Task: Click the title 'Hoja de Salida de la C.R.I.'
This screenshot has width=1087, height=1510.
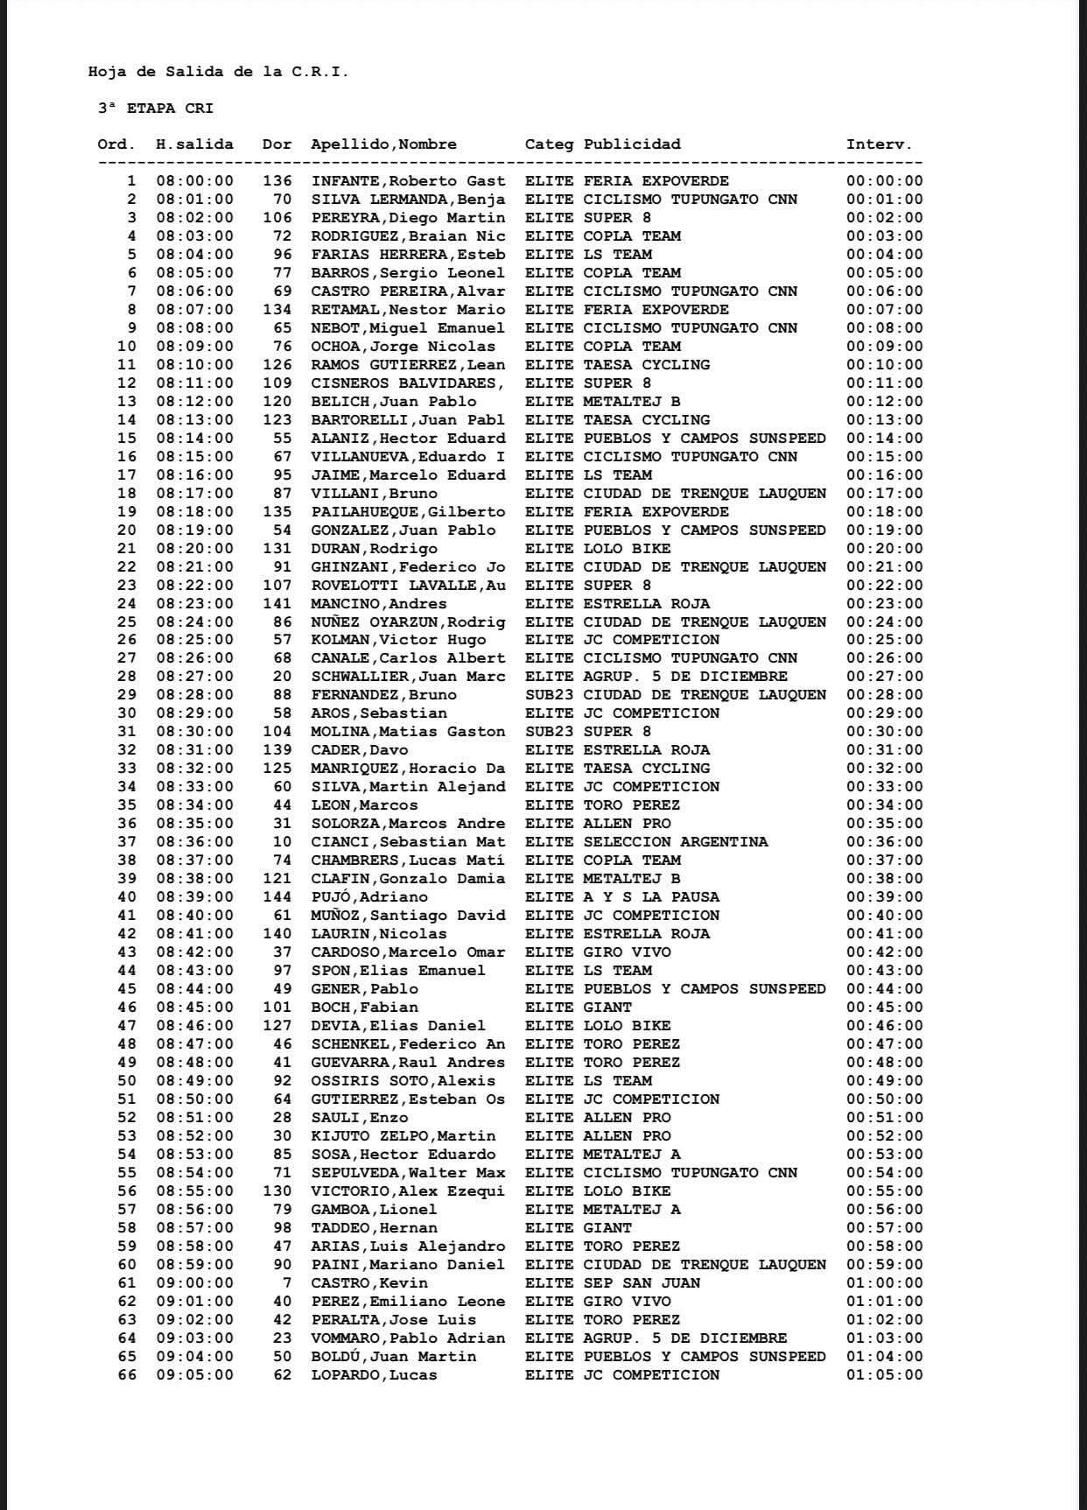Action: [x=218, y=72]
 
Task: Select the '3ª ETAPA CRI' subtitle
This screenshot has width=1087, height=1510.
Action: [x=156, y=109]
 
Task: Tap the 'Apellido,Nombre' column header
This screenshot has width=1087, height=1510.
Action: [x=383, y=144]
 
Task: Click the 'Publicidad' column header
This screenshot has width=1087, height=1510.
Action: [x=632, y=144]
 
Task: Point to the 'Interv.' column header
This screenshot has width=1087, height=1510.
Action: [x=879, y=144]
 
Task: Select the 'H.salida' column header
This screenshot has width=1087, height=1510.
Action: [x=194, y=144]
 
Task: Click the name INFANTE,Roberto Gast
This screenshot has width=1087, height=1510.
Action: [x=408, y=181]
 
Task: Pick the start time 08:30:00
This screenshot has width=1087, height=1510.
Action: [x=194, y=732]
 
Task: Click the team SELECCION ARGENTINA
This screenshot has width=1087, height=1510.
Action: [x=676, y=842]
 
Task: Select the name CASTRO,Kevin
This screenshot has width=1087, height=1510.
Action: [x=369, y=1283]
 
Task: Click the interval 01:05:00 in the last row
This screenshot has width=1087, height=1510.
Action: [x=884, y=1375]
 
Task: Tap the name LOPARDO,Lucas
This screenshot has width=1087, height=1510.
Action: [x=374, y=1375]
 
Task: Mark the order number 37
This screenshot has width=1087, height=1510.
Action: [x=127, y=842]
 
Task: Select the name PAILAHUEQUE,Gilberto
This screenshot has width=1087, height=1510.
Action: [x=408, y=512]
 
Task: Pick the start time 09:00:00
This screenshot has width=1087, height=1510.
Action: [x=194, y=1283]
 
